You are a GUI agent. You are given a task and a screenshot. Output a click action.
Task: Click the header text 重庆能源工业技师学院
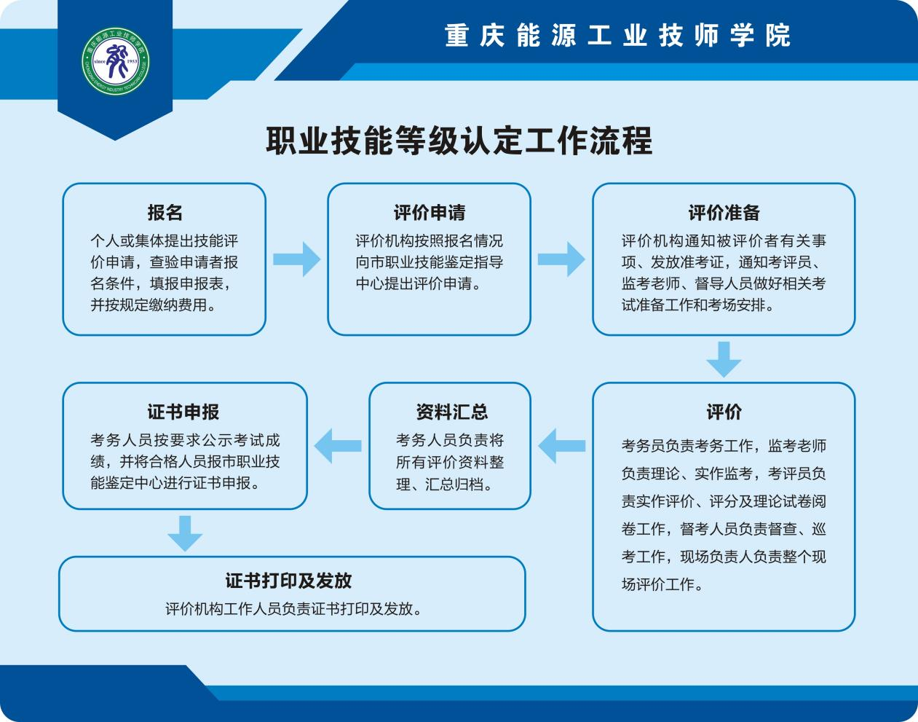click(x=617, y=36)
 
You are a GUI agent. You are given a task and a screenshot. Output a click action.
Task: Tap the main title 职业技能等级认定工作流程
click(x=459, y=141)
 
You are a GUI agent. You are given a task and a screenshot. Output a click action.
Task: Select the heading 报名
click(x=165, y=213)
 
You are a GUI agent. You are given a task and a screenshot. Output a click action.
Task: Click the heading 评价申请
click(x=430, y=213)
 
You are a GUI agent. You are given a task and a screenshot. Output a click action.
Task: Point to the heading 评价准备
click(x=724, y=213)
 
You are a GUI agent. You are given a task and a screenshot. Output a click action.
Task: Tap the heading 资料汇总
click(x=451, y=412)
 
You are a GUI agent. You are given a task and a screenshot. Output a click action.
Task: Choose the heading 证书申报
click(x=183, y=412)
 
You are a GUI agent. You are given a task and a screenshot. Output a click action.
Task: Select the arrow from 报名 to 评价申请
click(x=296, y=259)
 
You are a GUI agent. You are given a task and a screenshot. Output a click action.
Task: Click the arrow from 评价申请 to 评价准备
click(x=561, y=259)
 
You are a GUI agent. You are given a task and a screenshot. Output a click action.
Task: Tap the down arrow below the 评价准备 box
click(x=724, y=358)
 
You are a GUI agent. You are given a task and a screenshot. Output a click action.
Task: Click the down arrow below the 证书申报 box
click(x=185, y=533)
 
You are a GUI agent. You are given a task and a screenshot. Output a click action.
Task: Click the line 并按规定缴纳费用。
click(x=154, y=305)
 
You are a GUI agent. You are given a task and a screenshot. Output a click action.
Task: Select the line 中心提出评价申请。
click(x=419, y=283)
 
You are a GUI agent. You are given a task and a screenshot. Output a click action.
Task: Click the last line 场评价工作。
click(x=662, y=584)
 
